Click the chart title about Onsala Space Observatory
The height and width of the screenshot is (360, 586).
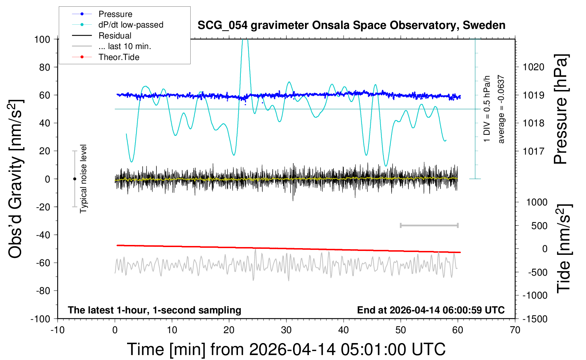pyautogui.click(x=351, y=25)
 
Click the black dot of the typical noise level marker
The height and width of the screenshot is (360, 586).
pyautogui.click(x=74, y=179)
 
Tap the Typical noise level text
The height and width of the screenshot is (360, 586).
pyautogui.click(x=83, y=179)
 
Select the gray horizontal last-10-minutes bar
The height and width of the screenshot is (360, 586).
pyautogui.click(x=429, y=225)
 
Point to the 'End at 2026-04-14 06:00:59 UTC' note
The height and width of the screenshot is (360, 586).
pyautogui.click(x=431, y=310)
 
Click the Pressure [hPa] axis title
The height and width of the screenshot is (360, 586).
pyautogui.click(x=561, y=109)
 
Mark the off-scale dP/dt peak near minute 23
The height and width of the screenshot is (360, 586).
pyautogui.click(x=245, y=41)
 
